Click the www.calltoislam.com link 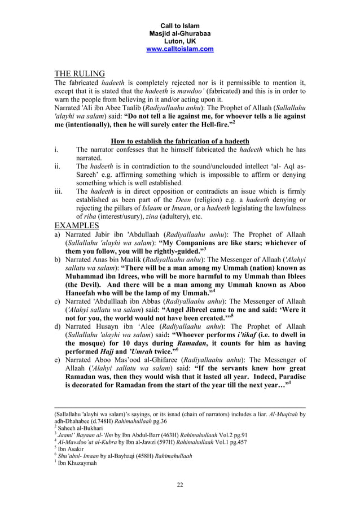pyautogui.click(x=179, y=49)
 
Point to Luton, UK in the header pyautogui.click(x=179, y=41)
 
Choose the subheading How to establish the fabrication pyautogui.click(x=180, y=141)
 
